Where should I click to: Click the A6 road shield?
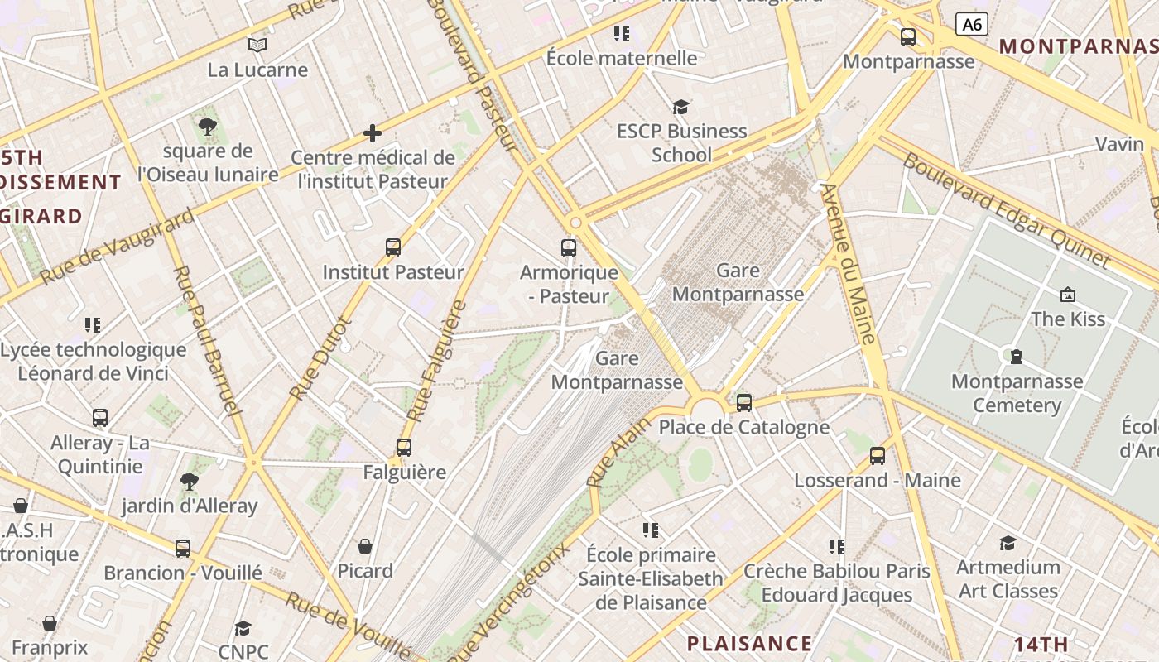[972, 24]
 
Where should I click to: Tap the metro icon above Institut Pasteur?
[393, 247]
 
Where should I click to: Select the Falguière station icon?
[404, 448]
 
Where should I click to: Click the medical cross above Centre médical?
[373, 132]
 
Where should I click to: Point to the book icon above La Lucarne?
[257, 45]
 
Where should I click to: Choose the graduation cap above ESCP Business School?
[681, 107]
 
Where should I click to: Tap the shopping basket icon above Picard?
[365, 546]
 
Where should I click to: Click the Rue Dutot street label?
[321, 357]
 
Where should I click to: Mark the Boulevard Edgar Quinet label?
[1005, 210]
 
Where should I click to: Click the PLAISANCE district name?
[749, 643]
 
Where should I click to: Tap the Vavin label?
[1119, 144]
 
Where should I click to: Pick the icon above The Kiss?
[1068, 295]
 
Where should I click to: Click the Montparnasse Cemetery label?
[1017, 393]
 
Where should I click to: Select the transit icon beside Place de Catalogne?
[744, 403]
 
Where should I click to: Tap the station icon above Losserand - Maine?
[878, 456]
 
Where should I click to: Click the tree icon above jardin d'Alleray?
[190, 481]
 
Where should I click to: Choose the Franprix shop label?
[49, 648]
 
